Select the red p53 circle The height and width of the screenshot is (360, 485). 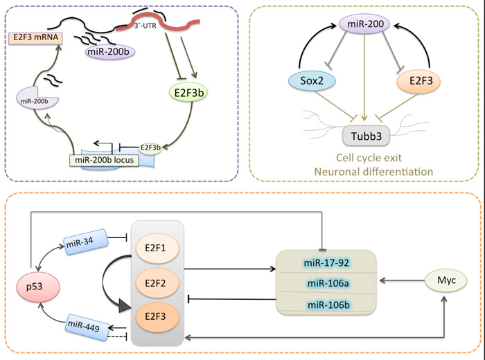(x=39, y=283)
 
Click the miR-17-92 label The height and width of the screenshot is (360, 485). (x=326, y=263)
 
